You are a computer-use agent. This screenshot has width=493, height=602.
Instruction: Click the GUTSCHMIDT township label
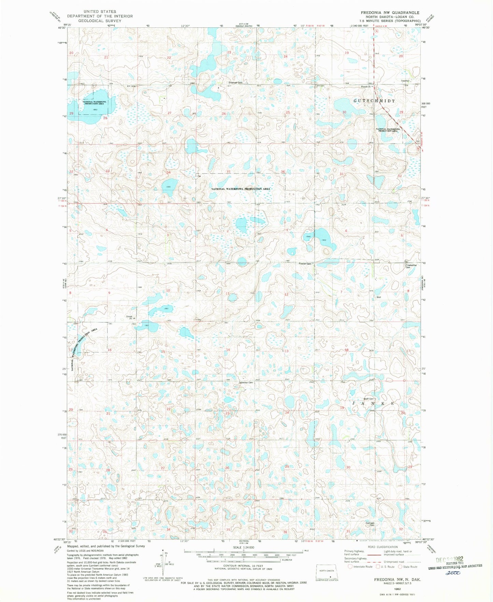(x=374, y=101)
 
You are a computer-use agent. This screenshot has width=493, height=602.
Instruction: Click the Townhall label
(x=405, y=81)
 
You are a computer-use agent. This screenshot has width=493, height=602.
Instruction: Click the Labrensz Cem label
(x=245, y=382)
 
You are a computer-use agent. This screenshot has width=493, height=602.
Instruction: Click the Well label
(x=378, y=297)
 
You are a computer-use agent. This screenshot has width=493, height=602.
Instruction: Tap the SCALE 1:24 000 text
(x=243, y=547)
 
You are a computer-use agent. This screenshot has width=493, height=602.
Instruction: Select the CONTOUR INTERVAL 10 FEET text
(x=244, y=566)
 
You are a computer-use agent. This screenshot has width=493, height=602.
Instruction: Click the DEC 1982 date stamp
(x=450, y=560)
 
